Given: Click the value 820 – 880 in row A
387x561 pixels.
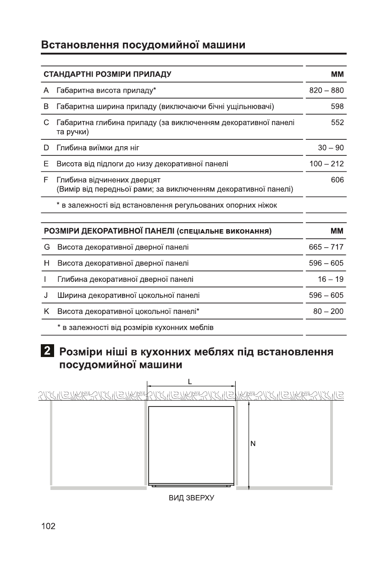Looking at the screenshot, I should click(326, 91).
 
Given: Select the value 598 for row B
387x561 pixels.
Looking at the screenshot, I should click(337, 107).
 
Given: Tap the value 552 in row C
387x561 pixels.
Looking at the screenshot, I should click(337, 123).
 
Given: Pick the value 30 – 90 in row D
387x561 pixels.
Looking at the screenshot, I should click(331, 148).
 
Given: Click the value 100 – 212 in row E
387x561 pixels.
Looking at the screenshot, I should click(326, 164).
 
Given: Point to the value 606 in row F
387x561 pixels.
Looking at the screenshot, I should click(337, 180).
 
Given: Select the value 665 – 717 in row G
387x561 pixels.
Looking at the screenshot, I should click(326, 247).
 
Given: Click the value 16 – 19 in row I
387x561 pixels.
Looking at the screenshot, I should click(331, 279).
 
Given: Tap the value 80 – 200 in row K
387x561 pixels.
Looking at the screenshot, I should click(328, 312).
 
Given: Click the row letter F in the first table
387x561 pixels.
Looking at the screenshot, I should click(46, 180).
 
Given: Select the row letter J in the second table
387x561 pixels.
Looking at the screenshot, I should click(46, 296).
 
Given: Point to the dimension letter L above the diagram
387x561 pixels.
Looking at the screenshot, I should click(190, 381).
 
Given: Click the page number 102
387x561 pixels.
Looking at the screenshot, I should click(48, 526).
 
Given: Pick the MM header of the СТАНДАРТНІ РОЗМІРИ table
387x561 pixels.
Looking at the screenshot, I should click(337, 74).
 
